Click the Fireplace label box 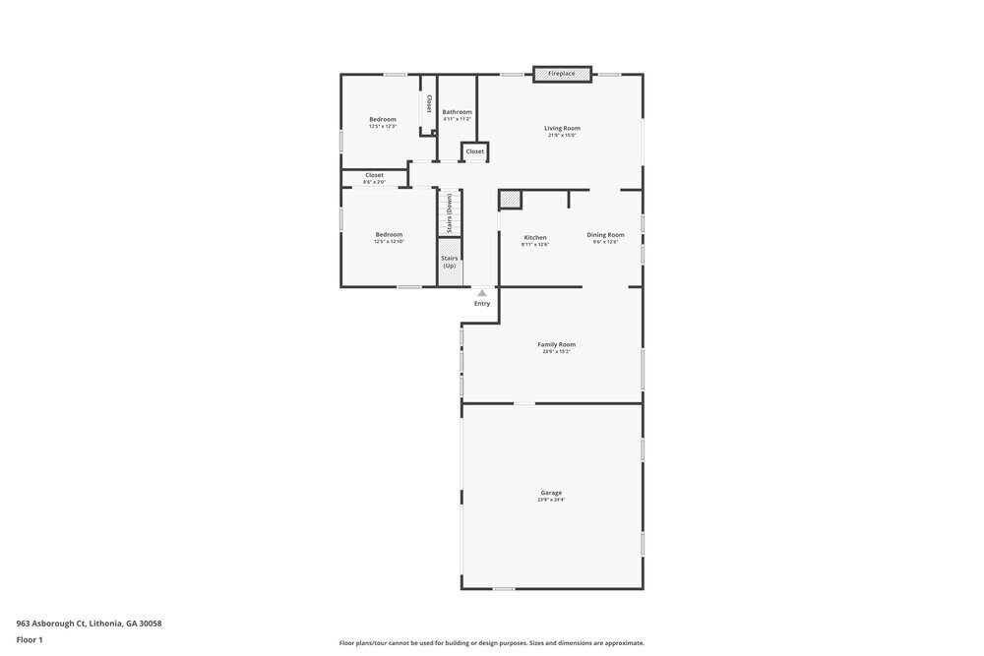coord(562,74)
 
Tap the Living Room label coord(562,128)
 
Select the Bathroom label coord(457,112)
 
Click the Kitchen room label coord(535,237)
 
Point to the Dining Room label coord(605,235)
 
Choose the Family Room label coord(556,344)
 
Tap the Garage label coord(551,493)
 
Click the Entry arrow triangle coord(482,292)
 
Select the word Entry coord(482,303)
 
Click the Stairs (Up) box coord(450,263)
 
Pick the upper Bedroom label coord(383,119)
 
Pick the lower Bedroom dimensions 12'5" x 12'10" coord(389,242)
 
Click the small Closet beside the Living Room coord(474,151)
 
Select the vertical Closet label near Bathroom coord(429,103)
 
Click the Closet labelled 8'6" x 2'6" coord(374,178)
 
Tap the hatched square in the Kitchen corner coord(510,200)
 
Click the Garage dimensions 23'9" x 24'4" coord(551,500)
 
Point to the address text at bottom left coord(89,624)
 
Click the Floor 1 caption coord(30,640)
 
